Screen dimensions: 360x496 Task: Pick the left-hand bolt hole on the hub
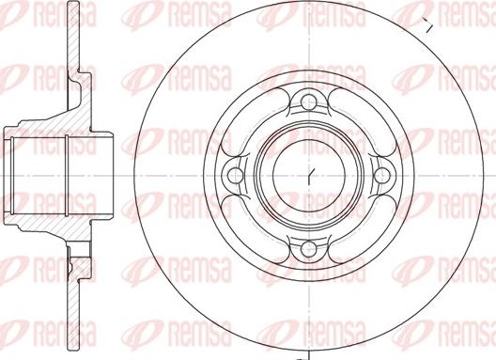[232, 174]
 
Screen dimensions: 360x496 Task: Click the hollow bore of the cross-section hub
[42, 175]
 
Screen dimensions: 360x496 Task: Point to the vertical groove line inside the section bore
[70, 175]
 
